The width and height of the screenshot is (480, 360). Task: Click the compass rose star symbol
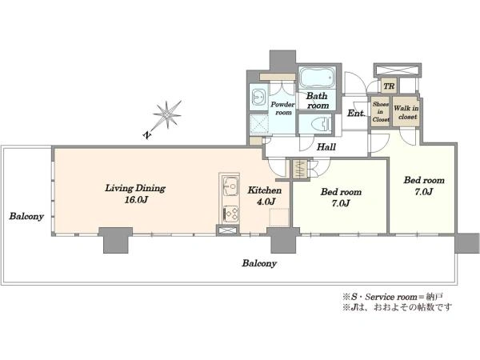167,114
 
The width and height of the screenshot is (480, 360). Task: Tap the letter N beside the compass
148,134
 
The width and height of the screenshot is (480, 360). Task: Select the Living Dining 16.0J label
135,194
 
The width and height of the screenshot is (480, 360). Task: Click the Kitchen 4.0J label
265,196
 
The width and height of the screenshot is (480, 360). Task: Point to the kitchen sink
231,186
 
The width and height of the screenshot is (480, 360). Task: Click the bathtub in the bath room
316,77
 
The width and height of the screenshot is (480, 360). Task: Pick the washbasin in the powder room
258,98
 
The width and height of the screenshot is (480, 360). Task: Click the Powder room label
282,108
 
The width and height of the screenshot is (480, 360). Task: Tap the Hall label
326,147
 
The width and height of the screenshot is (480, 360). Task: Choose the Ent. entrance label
356,114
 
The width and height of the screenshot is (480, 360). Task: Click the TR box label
389,86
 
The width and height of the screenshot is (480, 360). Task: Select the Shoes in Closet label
381,112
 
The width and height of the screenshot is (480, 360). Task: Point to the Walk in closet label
406,112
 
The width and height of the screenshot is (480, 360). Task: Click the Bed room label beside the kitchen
341,198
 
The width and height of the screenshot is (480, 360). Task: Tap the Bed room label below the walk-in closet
424,186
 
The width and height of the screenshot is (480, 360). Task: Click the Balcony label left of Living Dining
26,217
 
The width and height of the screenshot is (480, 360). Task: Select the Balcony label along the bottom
259,263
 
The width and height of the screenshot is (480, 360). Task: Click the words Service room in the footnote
391,297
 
